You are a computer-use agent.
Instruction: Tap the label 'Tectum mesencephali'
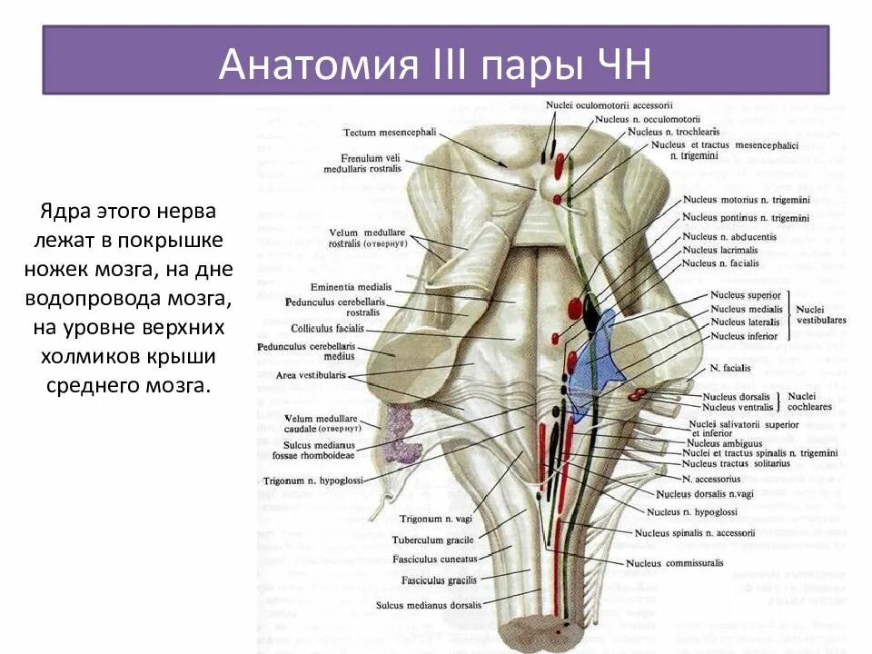coord(389,132)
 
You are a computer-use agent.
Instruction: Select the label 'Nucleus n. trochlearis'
coord(677,132)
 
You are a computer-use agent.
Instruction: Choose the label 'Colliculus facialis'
coord(328,328)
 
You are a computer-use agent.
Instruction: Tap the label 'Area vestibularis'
coord(309,375)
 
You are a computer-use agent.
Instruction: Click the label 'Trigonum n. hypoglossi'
coord(312,480)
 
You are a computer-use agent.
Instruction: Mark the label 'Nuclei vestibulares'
coord(821,314)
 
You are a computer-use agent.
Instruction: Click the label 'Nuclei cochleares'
coord(809,401)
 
